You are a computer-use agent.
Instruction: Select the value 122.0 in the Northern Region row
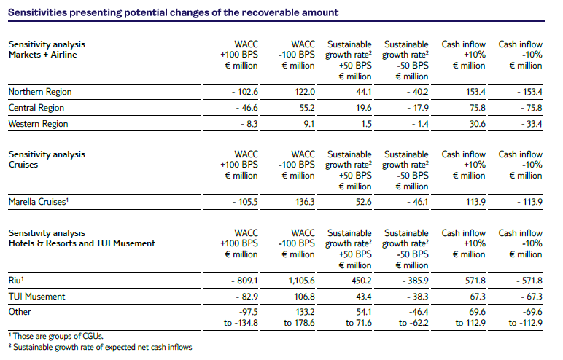[304, 92]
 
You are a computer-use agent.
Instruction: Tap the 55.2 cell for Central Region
[304, 108]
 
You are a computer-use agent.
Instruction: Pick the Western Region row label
[38, 124]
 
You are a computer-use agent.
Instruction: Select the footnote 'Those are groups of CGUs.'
[55, 336]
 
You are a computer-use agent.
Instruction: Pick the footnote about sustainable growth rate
[100, 347]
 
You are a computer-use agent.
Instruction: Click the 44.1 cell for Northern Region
[362, 92]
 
